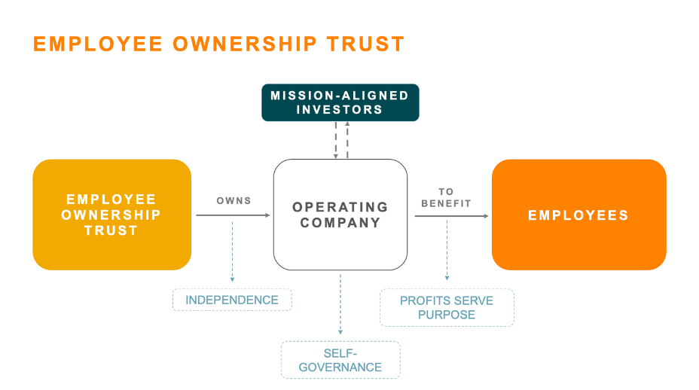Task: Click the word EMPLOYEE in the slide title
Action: [x=97, y=44]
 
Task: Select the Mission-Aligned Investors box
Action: [x=340, y=102]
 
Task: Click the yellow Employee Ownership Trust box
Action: [x=111, y=215]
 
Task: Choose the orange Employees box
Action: [x=578, y=215]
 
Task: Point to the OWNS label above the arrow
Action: [x=234, y=201]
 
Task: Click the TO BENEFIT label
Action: [x=446, y=197]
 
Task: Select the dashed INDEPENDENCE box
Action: [x=232, y=300]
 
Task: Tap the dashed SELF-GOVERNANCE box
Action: [x=340, y=360]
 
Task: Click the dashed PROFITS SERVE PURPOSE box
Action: [x=447, y=307]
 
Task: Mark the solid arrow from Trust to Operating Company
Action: [x=232, y=215]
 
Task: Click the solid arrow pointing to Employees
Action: [x=450, y=216]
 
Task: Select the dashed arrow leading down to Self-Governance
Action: [x=340, y=305]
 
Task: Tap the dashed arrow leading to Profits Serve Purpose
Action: [x=447, y=252]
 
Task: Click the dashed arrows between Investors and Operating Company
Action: [x=342, y=140]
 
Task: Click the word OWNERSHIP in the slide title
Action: [x=246, y=44]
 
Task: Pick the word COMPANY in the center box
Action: [x=340, y=223]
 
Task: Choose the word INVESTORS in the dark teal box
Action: [x=340, y=110]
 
